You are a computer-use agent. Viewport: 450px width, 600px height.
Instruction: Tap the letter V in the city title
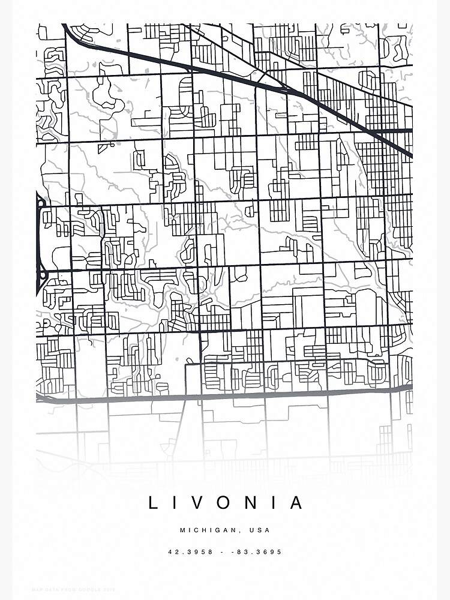203,503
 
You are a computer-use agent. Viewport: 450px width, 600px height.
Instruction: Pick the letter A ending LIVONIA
296,503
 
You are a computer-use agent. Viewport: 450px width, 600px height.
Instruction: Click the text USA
260,530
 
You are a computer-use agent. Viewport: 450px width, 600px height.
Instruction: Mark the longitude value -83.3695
260,552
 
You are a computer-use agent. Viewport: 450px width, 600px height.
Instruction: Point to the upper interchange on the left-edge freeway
41,204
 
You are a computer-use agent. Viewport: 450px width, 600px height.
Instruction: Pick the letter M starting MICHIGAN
182,530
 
